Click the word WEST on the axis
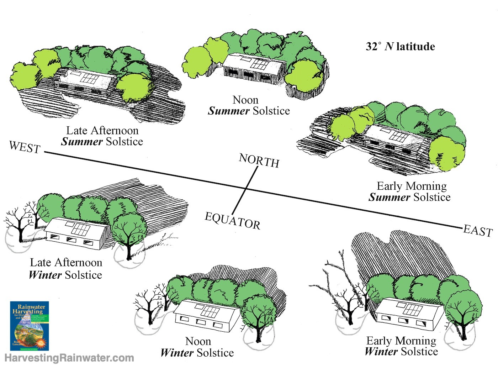pos(25,147)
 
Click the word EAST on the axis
pos(477,231)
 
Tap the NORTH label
pos(259,161)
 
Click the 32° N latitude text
pos(400,47)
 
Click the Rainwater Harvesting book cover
pos(29,326)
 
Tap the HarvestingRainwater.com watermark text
pos(69,358)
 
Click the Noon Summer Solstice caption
pos(249,105)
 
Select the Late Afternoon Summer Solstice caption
pos(102,136)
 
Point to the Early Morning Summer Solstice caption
pos(410,191)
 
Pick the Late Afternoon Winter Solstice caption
pos(66,269)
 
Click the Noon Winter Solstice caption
pos(197,347)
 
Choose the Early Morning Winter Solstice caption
pos(401,346)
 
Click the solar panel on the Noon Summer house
pos(260,64)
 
